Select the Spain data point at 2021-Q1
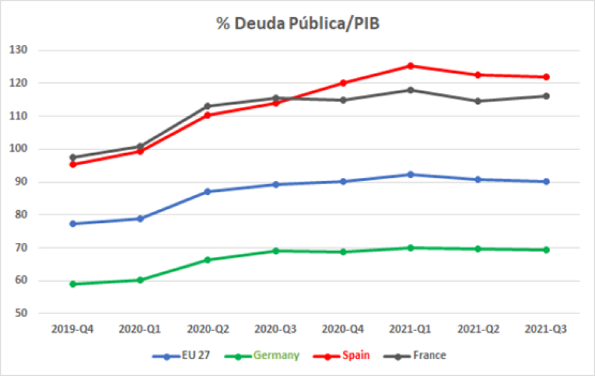point(410,66)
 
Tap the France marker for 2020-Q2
point(208,106)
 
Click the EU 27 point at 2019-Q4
point(72,223)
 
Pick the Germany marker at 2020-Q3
point(275,251)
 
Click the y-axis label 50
point(30,313)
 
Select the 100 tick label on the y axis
point(27,149)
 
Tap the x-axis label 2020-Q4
point(343,330)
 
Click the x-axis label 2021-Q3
point(546,330)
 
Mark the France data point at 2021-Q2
point(478,101)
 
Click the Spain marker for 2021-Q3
point(546,77)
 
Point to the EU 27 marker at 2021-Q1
point(410,174)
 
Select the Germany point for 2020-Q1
point(140,280)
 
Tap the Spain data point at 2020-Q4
point(343,83)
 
